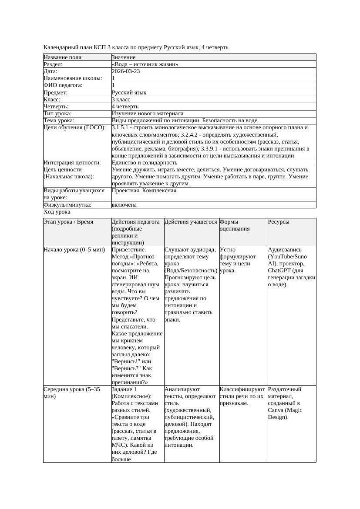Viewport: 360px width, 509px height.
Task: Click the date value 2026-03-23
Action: (126, 71)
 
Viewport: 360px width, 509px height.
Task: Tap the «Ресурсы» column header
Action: (279, 222)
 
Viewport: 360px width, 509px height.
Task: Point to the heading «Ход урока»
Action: (57, 212)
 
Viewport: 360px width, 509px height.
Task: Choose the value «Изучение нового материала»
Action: (148, 114)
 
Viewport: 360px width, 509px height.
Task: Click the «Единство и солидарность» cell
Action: (145, 163)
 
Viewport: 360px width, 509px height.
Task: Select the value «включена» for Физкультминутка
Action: (124, 205)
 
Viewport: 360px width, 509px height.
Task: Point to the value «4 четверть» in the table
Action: (125, 107)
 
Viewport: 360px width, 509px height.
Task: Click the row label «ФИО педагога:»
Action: (63, 86)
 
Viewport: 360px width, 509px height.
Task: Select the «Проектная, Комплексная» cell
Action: (144, 191)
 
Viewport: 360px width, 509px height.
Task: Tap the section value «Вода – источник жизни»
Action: (145, 64)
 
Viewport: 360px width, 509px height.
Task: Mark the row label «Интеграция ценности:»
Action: (72, 163)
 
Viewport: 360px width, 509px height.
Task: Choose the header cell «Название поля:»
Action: (63, 57)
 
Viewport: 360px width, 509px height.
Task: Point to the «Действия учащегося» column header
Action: (191, 222)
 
